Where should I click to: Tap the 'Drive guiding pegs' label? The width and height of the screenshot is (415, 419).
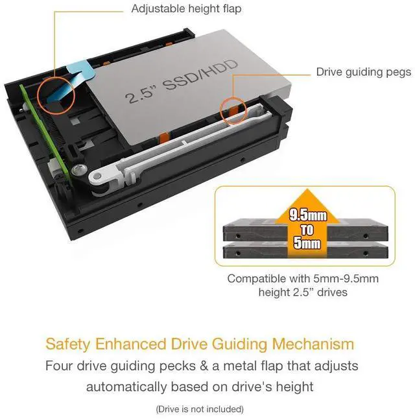pos(363,72)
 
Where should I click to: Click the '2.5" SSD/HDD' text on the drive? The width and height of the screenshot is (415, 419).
pos(182,80)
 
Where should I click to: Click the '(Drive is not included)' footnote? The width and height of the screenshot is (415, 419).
pos(200,409)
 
